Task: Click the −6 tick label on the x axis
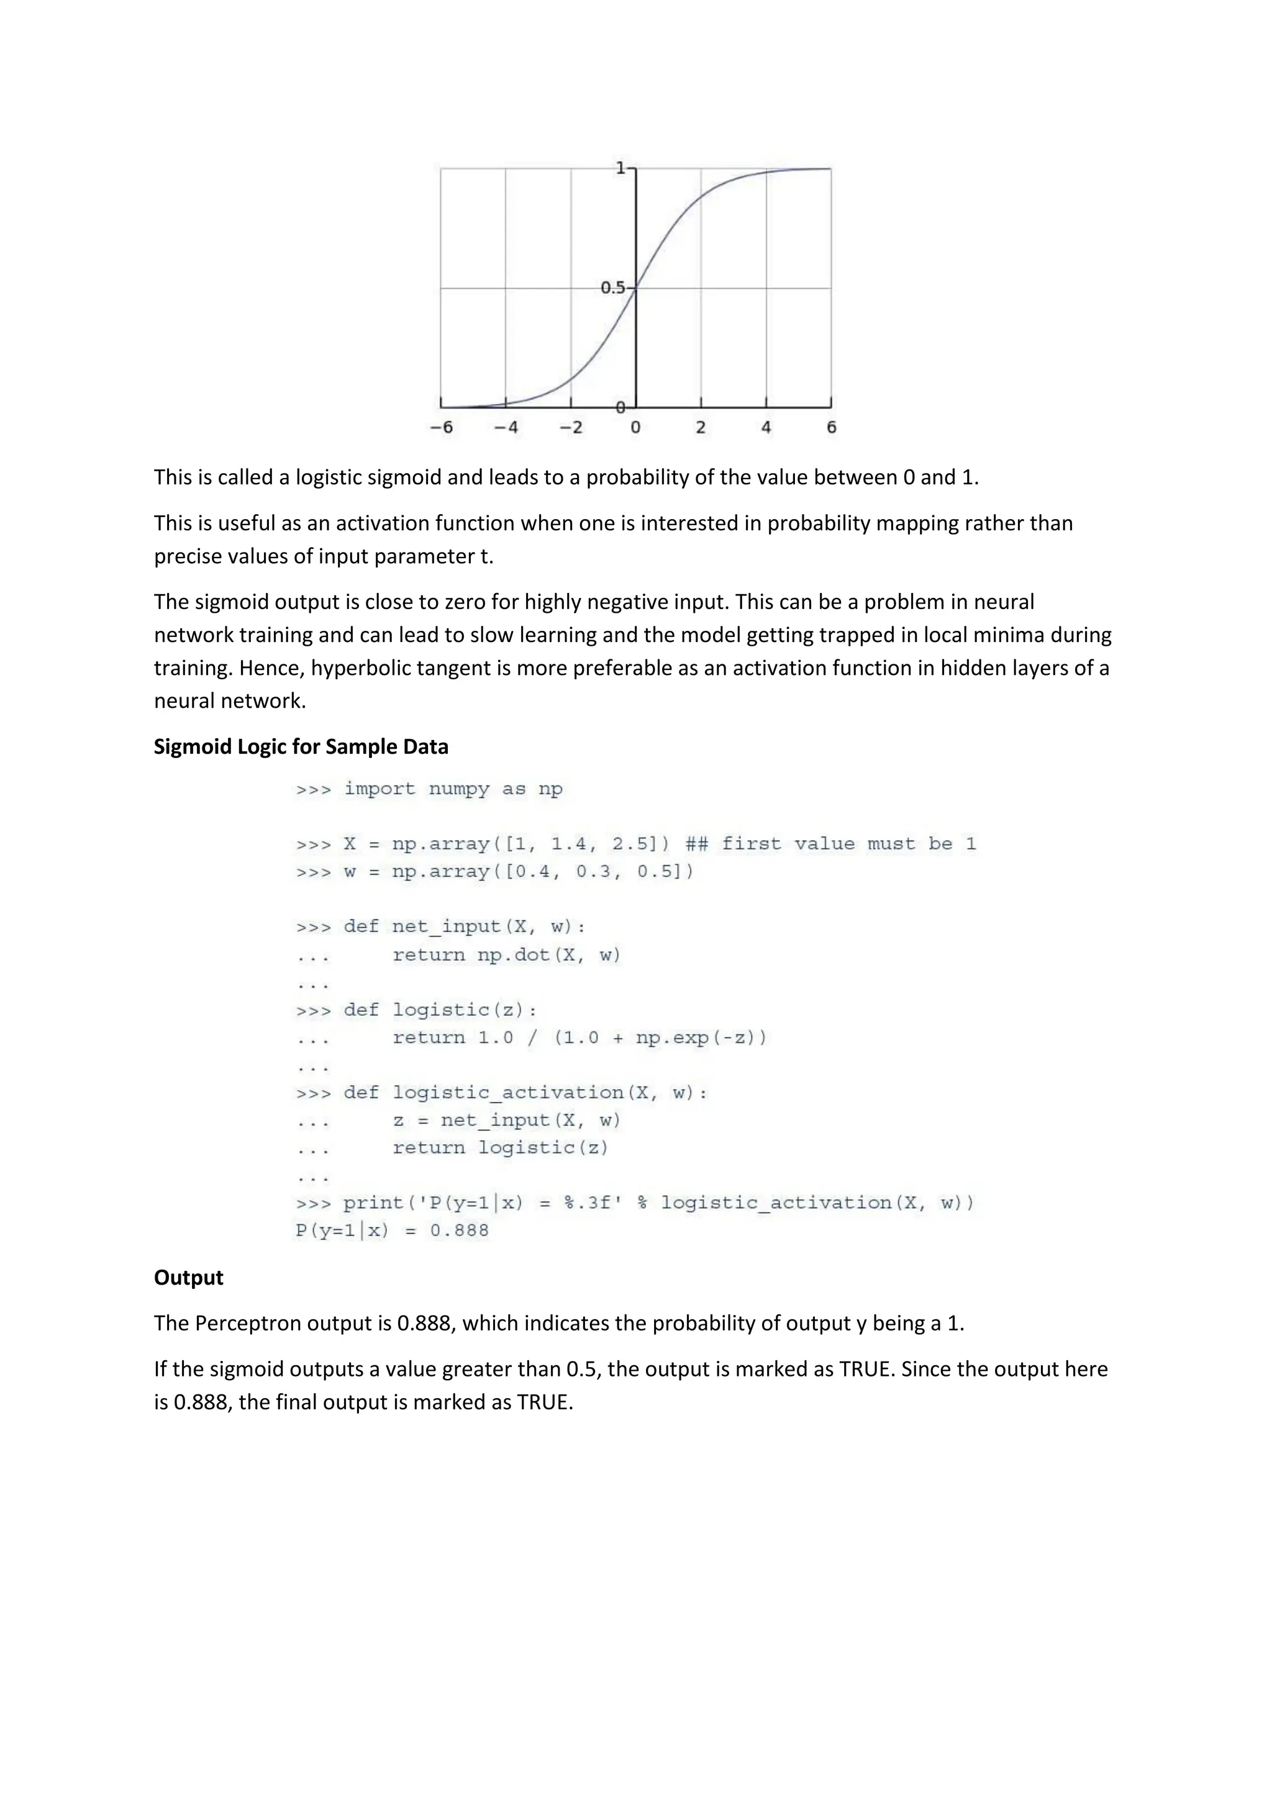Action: coord(442,428)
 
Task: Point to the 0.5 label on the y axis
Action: coord(612,288)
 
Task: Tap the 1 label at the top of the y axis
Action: coord(620,168)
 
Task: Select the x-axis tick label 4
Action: coord(765,428)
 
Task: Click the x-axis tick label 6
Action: coord(831,428)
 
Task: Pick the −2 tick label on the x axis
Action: coord(571,428)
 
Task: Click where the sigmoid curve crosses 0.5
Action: coord(635,288)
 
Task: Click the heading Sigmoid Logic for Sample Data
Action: coord(301,746)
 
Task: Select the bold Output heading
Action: coord(188,1277)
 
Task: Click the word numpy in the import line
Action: coord(460,788)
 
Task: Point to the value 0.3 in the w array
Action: coord(594,872)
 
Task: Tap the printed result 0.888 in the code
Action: coord(459,1231)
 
